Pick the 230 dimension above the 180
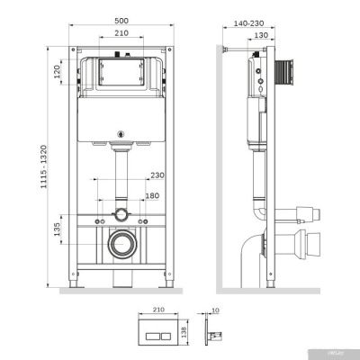point(158,175)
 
